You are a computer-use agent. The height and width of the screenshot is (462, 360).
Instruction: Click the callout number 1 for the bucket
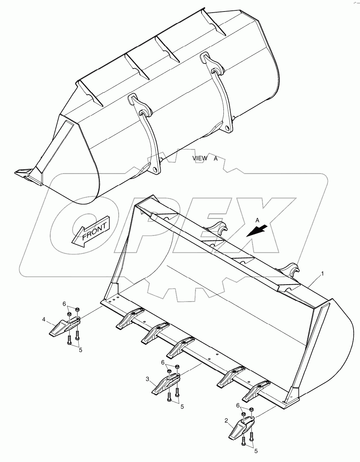coord(323,274)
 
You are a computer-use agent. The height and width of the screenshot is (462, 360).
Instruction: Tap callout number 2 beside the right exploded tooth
coord(226,420)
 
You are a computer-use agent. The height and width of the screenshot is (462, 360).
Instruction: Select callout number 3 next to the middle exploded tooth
coord(147,379)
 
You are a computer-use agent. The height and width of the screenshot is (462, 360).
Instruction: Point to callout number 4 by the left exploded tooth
coord(43,319)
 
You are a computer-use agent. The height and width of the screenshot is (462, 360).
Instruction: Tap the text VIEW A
coord(205,158)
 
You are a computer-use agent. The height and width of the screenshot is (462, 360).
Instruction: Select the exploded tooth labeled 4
coord(63,327)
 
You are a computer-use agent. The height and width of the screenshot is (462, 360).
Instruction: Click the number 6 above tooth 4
coord(64,304)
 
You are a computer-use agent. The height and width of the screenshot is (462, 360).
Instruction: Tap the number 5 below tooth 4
coord(80,350)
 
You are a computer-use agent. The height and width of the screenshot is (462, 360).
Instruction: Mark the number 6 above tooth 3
coord(163,362)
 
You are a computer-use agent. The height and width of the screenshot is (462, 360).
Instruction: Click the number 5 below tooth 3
coord(182,407)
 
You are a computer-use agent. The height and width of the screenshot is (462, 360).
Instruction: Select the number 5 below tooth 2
coord(255,451)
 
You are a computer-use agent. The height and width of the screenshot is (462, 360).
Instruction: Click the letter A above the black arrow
coord(257,220)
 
